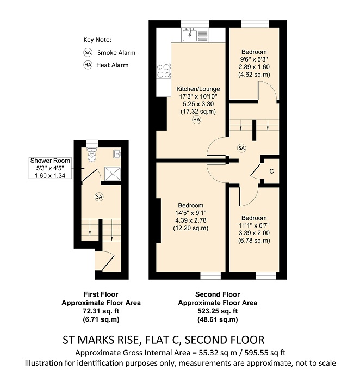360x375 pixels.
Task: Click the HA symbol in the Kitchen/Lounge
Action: coord(197,120)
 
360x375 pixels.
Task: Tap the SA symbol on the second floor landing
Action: coord(241,148)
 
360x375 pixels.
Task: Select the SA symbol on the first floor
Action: coord(99,197)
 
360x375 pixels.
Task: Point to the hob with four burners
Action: coord(164,71)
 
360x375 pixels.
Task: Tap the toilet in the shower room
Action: coord(92,155)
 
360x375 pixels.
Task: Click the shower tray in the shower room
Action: coord(113,174)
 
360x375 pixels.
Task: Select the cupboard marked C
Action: coord(271,171)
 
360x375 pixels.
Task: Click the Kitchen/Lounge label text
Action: coord(198,89)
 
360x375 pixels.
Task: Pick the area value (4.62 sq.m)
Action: coord(254,75)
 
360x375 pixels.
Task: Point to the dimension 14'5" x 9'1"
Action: coord(191,213)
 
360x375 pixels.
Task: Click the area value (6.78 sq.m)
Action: coord(254,241)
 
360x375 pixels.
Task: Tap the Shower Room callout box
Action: coord(50,168)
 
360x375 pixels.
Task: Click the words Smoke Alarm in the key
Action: coord(116,53)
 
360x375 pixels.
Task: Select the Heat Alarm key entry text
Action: coord(112,65)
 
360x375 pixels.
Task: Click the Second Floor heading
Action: coord(218,294)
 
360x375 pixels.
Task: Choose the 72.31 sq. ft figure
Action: coord(101,311)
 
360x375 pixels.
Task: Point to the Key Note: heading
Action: coord(97,40)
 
